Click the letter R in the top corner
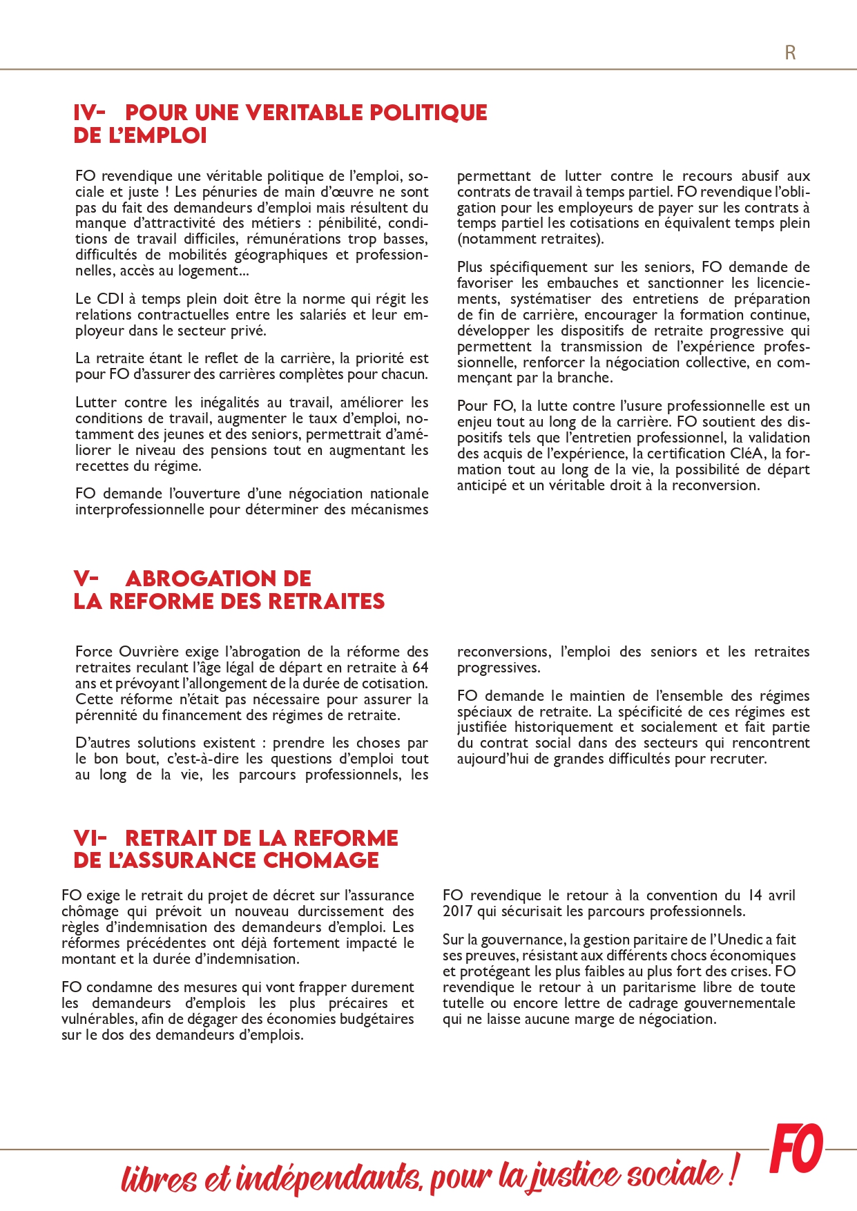pos(790,52)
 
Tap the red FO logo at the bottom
pos(797,1149)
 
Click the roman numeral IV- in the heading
pos(89,113)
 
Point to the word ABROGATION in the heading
pos(218,579)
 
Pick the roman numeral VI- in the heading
pos(90,838)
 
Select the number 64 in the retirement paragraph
pos(420,668)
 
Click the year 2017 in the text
pos(457,911)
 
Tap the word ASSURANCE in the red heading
pos(182,860)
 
